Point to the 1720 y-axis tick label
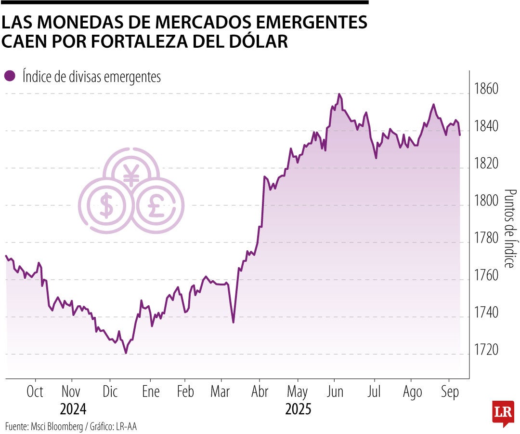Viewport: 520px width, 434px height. [486, 350]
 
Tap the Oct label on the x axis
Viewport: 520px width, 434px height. [35, 392]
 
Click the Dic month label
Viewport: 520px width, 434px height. [110, 392]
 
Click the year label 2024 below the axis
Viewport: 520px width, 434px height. [73, 410]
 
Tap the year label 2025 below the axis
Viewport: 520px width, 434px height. [298, 410]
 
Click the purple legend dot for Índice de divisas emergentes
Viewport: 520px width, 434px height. [9, 76]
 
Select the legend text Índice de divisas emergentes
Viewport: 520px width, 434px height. [91, 77]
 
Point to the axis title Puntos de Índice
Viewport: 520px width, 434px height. [509, 228]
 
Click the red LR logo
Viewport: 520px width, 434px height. [503, 413]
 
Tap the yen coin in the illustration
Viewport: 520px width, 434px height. [131, 173]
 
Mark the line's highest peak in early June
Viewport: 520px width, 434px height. [339, 94]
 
